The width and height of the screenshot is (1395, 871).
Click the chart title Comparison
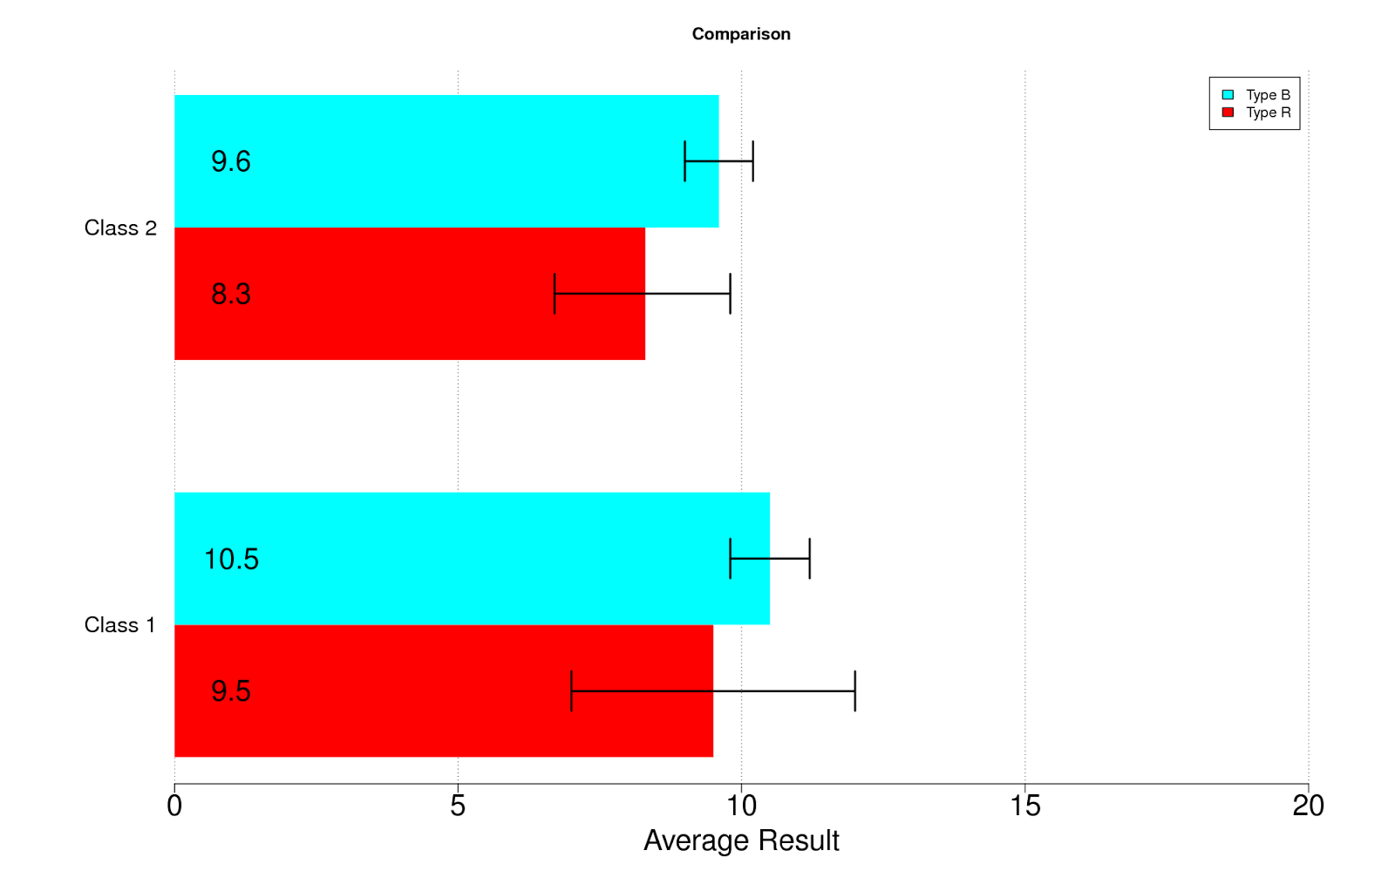(741, 34)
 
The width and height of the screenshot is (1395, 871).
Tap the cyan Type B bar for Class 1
(472, 558)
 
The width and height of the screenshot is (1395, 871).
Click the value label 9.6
(231, 161)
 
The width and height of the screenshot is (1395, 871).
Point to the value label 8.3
(231, 294)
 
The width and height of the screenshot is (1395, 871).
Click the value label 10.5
(231, 559)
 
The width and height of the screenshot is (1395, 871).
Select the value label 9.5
(231, 691)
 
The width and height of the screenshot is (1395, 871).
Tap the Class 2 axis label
(120, 228)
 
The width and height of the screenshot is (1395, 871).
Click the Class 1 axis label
(119, 625)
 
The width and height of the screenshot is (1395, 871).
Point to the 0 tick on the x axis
(174, 806)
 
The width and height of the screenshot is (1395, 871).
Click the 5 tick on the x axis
(458, 806)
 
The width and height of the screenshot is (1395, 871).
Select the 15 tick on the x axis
(1025, 806)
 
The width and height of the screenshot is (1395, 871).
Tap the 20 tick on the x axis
(1308, 806)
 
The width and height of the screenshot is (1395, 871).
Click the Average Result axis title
(741, 840)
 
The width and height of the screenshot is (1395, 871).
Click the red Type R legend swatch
(1228, 112)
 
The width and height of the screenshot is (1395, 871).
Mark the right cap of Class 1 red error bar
(855, 691)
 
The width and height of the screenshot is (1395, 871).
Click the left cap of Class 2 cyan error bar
(685, 161)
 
